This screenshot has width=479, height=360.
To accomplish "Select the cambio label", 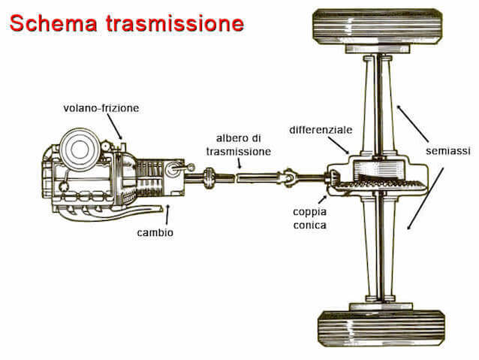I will pyautogui.click(x=156, y=233).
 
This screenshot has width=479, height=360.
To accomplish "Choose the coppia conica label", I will pyautogui.click(x=309, y=218).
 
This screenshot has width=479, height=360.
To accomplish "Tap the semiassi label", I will pyautogui.click(x=448, y=151).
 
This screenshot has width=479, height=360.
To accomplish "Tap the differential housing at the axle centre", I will pyautogui.click(x=375, y=180).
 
